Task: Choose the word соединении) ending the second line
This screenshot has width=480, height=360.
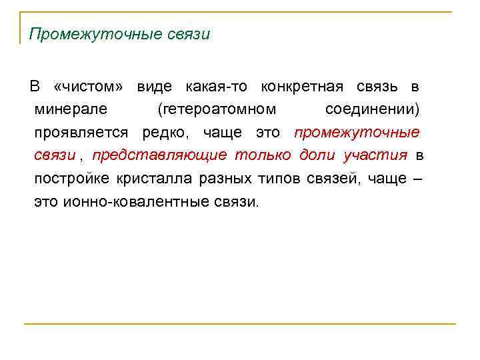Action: point(373,109)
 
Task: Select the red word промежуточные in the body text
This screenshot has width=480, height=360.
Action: point(357,133)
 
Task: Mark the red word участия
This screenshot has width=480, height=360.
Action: point(375,156)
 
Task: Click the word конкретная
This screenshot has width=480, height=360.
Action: point(302,87)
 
